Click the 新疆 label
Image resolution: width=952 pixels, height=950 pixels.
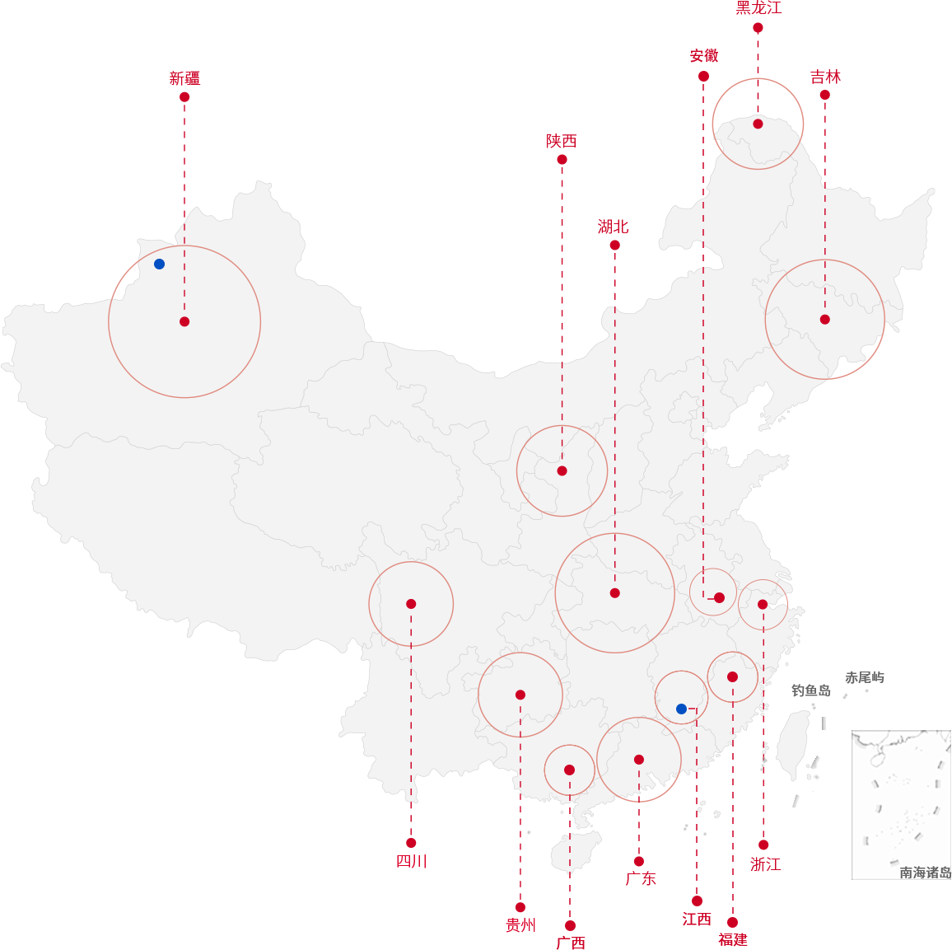click(x=184, y=78)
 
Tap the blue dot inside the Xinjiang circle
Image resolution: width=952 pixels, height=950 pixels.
click(x=159, y=264)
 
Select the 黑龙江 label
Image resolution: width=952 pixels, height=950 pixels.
click(x=758, y=8)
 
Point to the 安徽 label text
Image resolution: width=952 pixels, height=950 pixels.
click(x=703, y=56)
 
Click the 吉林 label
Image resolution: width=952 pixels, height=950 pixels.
click(x=825, y=77)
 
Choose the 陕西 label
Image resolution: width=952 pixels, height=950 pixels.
click(x=561, y=141)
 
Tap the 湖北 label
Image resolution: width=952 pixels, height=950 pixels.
click(x=613, y=227)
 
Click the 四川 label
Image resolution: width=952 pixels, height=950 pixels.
click(x=412, y=861)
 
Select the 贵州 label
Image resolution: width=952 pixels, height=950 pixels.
click(x=520, y=925)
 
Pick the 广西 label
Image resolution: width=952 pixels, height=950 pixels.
click(x=571, y=942)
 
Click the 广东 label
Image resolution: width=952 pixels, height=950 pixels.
click(x=641, y=878)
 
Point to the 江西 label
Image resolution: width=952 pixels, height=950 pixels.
click(x=697, y=919)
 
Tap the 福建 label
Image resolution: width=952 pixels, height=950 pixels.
click(x=733, y=939)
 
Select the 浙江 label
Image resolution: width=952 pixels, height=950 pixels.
click(x=765, y=863)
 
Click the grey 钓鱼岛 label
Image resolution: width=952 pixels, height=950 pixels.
click(x=810, y=690)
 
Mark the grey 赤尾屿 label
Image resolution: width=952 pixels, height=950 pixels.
click(x=865, y=677)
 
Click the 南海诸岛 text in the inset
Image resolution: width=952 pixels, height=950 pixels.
click(x=926, y=873)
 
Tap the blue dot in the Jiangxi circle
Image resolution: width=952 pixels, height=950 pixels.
click(x=681, y=709)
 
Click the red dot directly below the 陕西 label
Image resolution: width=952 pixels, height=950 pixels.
click(x=562, y=159)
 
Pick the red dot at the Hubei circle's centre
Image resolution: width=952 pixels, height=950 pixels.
click(x=615, y=593)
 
